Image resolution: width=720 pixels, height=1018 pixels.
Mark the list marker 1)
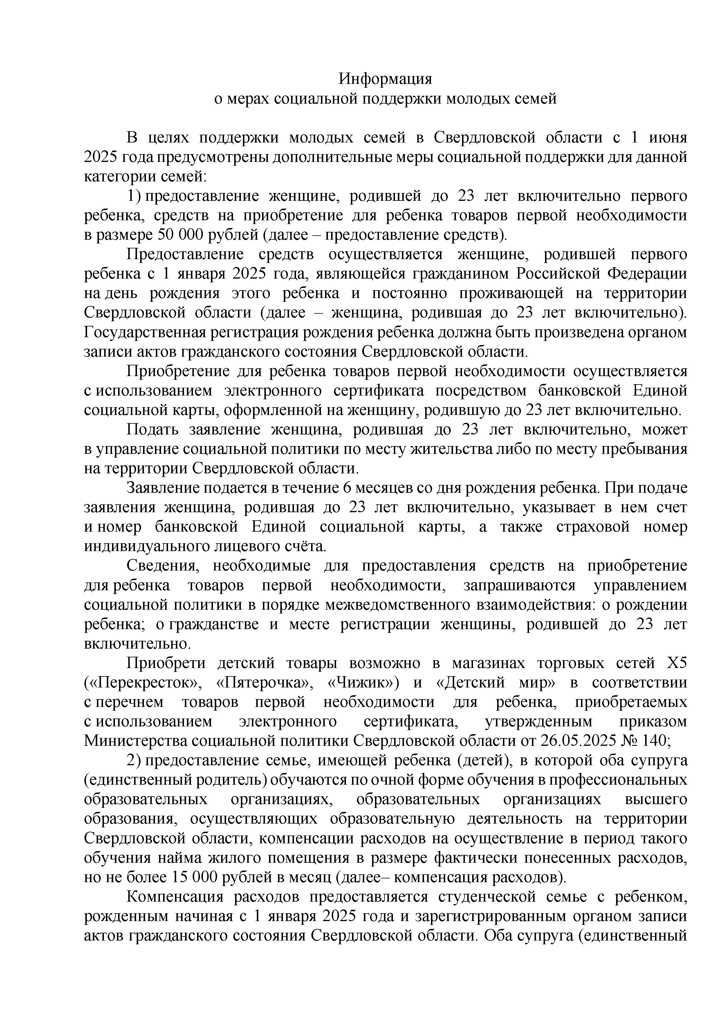coord(134,196)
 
